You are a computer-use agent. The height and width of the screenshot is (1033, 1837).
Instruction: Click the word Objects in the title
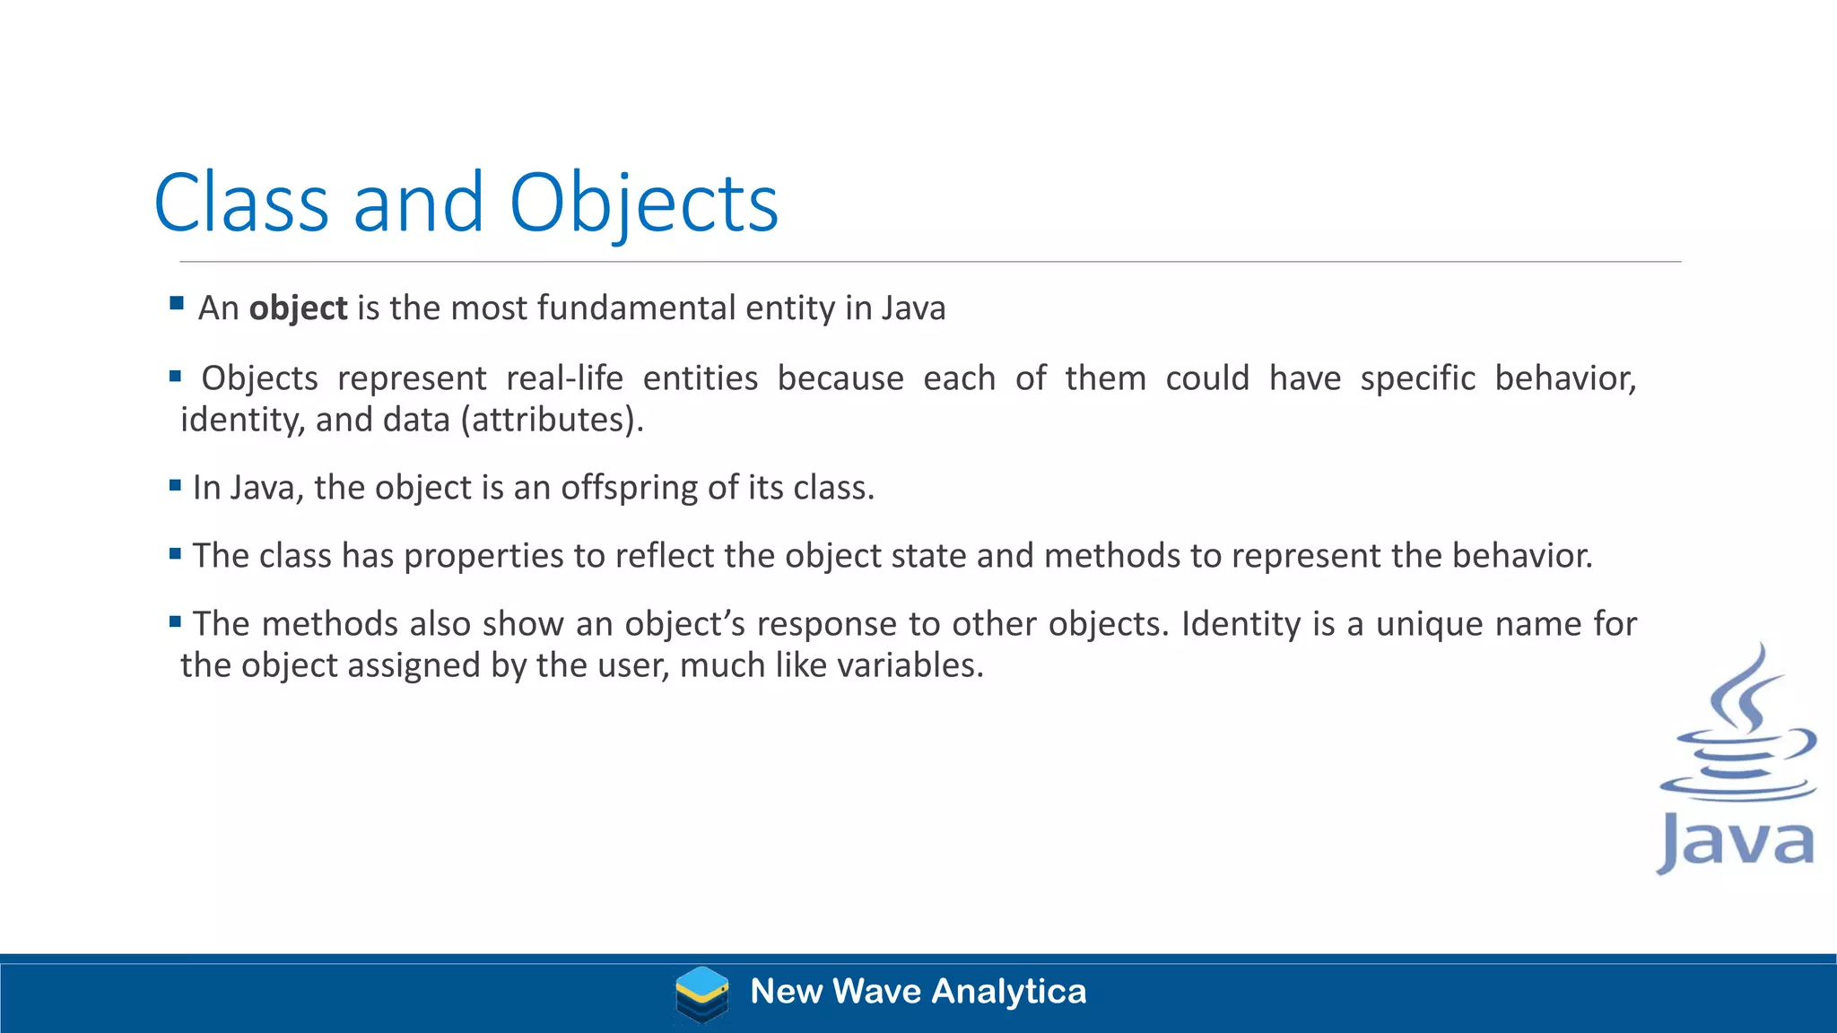643,204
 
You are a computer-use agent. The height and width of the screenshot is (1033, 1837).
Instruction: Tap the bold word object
298,308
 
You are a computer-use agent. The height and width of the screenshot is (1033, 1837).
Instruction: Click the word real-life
564,378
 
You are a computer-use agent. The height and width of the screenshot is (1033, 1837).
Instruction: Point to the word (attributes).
552,420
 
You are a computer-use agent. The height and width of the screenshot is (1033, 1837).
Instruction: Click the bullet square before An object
177,303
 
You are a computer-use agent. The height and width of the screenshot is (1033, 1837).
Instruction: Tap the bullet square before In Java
175,486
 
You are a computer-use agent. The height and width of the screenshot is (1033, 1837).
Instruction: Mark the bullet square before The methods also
175,621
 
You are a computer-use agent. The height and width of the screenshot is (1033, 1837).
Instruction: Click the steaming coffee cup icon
1738,726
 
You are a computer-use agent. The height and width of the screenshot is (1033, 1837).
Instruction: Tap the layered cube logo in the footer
701,994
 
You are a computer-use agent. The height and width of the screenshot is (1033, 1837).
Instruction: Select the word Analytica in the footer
1009,992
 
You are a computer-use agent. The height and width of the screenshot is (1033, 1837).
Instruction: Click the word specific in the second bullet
1417,378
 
